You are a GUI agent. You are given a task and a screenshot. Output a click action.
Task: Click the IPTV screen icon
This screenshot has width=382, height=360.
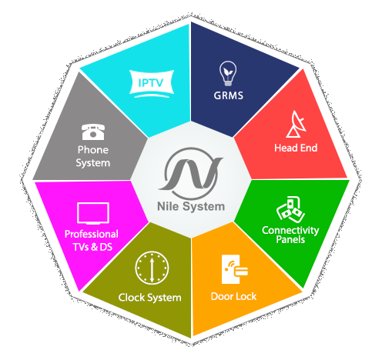[x=152, y=84]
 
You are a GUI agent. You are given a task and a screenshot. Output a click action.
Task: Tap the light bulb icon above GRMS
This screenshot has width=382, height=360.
[x=228, y=73]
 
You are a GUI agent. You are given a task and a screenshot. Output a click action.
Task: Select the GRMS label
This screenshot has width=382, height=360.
[x=228, y=95]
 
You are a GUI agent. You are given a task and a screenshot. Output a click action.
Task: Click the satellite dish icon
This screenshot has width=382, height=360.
[x=297, y=124]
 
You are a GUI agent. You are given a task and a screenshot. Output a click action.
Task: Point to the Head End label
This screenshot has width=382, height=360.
[x=296, y=148]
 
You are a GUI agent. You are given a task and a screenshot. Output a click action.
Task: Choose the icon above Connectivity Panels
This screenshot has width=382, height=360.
[x=290, y=209]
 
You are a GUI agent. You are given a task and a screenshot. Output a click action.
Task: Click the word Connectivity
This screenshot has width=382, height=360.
[x=290, y=230]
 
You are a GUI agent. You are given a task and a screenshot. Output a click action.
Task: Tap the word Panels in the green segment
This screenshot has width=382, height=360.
[x=290, y=239]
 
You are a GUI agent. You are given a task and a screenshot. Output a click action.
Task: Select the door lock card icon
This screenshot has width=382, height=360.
[x=234, y=269]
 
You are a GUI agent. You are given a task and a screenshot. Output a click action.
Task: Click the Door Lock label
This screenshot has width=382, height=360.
[x=233, y=296]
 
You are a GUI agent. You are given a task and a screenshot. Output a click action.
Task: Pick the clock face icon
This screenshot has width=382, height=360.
[x=152, y=268]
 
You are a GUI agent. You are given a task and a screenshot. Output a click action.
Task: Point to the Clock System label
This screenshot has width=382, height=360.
[x=150, y=298]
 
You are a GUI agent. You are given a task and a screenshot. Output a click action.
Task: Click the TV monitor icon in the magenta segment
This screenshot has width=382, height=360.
[x=93, y=213]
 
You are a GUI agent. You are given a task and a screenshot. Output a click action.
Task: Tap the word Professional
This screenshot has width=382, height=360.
[x=92, y=234]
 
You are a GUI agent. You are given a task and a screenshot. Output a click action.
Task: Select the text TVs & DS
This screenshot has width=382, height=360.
[x=92, y=247]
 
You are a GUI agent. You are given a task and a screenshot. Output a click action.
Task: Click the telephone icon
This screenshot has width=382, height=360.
[x=93, y=132]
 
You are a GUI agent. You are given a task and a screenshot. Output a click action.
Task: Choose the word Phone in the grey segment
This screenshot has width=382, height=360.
[x=93, y=150]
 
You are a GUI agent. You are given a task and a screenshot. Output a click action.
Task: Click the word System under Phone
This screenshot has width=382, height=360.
[x=93, y=163]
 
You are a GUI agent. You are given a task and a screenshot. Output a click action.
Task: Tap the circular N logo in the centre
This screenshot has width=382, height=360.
[x=191, y=174]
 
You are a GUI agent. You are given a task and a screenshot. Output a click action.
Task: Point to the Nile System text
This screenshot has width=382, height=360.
[x=191, y=206]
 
